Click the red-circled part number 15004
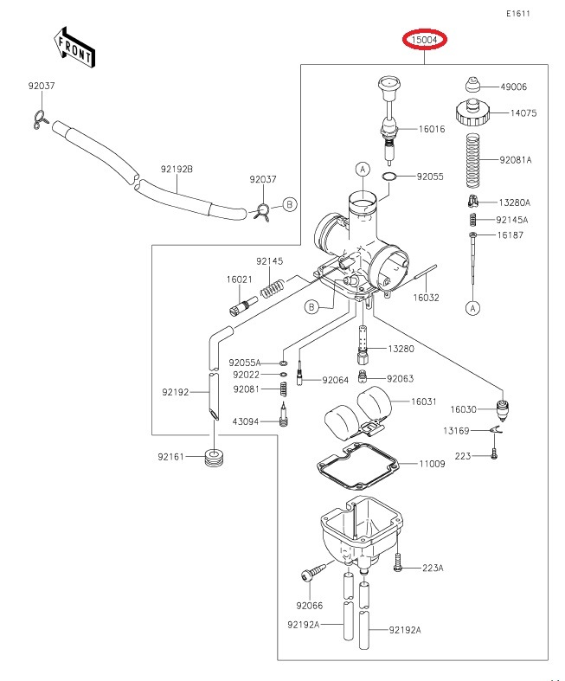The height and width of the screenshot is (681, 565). click(x=424, y=40)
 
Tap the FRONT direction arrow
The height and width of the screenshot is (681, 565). click(x=74, y=47)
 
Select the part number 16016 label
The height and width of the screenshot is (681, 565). click(x=432, y=129)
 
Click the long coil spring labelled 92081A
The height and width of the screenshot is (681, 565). click(x=473, y=160)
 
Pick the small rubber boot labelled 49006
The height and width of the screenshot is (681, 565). click(x=472, y=84)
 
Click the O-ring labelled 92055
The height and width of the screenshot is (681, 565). click(x=388, y=177)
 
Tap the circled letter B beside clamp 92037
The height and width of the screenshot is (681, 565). click(x=290, y=204)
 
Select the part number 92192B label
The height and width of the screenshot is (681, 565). click(x=177, y=169)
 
